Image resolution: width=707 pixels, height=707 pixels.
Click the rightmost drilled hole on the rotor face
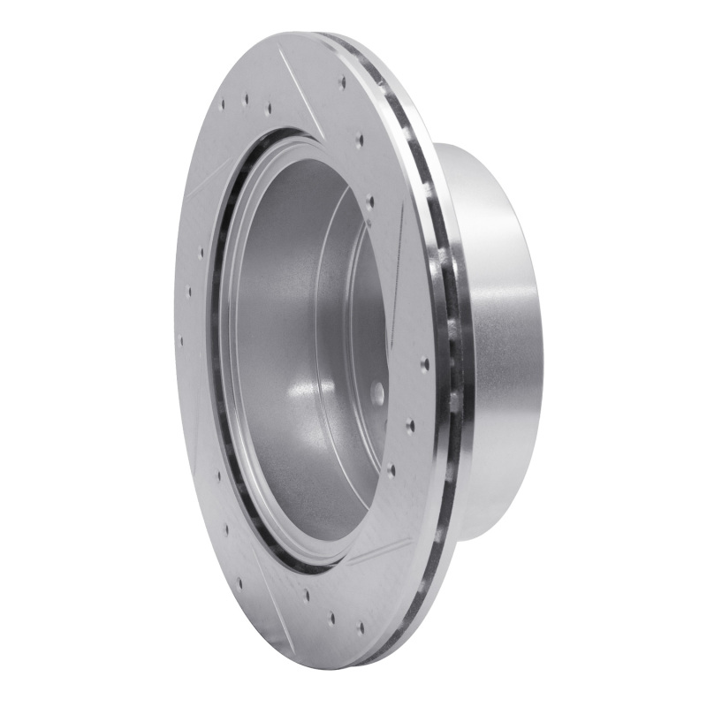425,363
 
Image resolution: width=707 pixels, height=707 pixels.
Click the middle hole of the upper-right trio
359,140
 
